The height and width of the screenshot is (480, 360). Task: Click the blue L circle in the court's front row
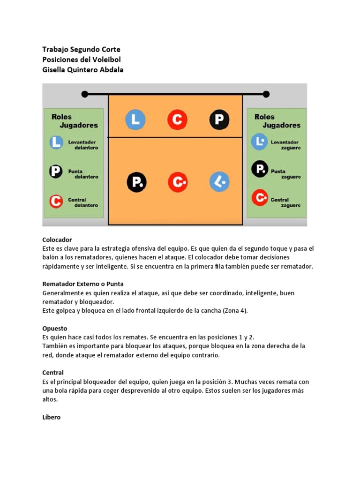135,120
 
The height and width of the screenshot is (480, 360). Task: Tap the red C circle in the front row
177,120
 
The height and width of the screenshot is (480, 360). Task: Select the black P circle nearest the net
219,120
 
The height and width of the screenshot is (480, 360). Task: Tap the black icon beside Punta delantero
56,172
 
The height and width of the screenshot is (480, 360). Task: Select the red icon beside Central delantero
56,202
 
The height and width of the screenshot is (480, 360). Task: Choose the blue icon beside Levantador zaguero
259,142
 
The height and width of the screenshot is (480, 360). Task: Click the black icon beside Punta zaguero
259,168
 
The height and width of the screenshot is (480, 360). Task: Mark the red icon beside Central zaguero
259,198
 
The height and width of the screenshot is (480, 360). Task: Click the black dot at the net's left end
85,94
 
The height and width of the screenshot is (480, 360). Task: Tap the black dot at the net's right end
266,94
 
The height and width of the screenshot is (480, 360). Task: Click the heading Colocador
57,240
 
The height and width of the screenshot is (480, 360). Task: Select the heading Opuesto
54,328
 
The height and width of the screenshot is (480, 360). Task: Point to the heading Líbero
51,417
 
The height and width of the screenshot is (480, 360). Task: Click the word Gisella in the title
55,69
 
